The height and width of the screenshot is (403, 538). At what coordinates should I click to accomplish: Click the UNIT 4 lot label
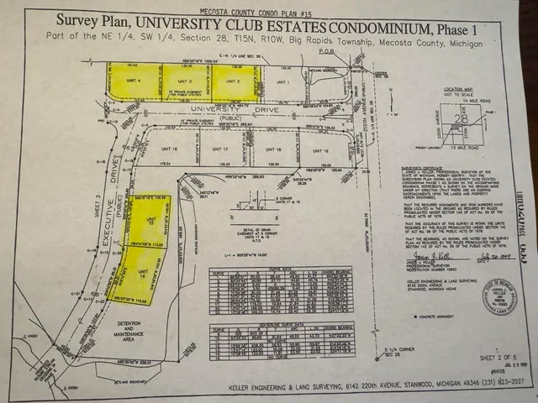tap(132, 82)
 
